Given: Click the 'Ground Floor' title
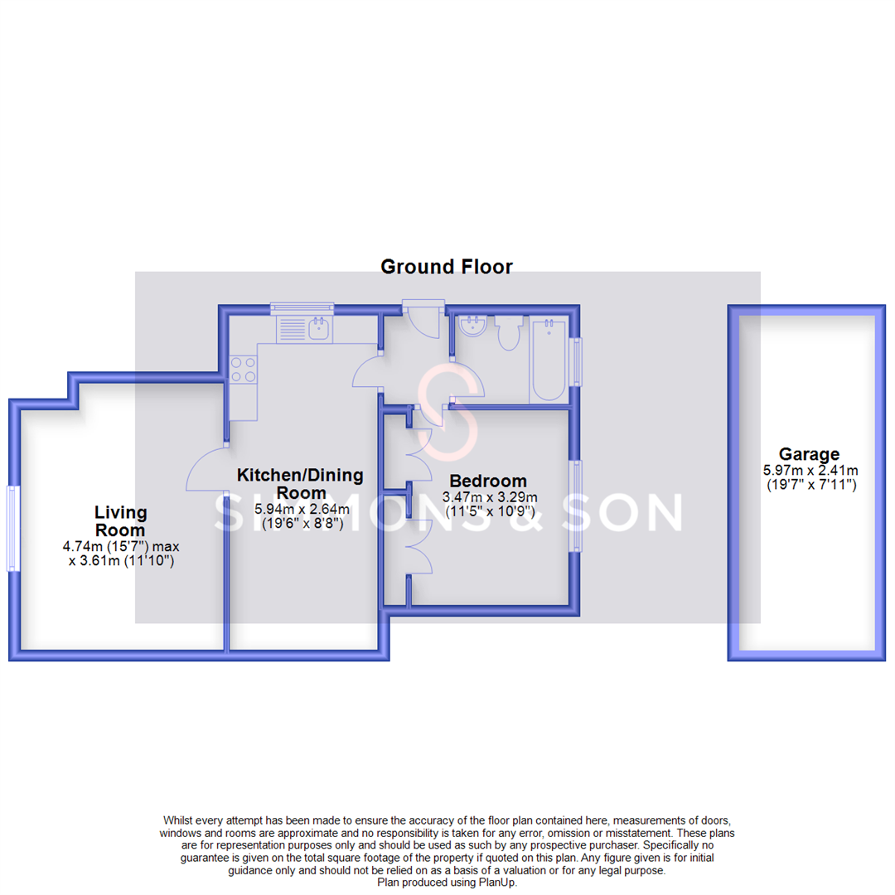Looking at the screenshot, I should [446, 267].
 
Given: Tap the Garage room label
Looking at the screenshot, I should [809, 454].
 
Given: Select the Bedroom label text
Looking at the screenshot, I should [488, 481].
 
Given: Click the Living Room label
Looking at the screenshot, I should [120, 521].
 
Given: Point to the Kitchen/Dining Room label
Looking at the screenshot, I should [300, 484].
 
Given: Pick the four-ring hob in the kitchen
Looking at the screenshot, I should [243, 369].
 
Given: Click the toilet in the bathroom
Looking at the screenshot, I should [507, 334].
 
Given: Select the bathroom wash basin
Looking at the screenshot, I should [474, 327].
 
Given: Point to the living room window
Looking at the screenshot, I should [12, 528].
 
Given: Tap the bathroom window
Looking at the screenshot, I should [577, 361].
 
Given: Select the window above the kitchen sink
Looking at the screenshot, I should [302, 308].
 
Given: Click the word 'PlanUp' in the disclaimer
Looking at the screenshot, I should [501, 883].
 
